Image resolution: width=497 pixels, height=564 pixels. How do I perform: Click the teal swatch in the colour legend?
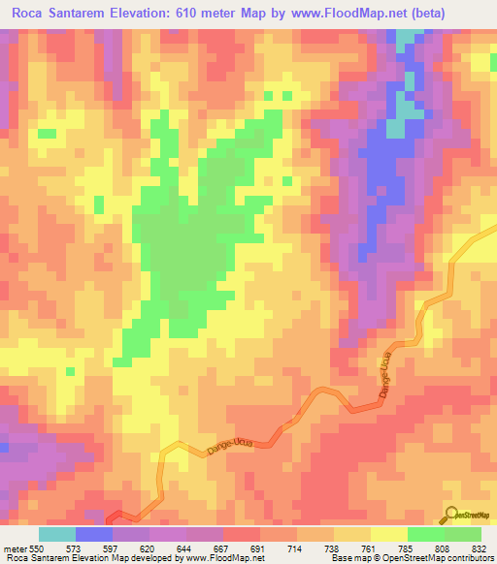click(57, 534)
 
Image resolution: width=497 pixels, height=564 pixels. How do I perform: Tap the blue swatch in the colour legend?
click(94, 534)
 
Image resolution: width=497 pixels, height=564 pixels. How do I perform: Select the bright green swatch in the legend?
click(425, 534)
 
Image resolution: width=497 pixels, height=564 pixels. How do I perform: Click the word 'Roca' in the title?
click(26, 15)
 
